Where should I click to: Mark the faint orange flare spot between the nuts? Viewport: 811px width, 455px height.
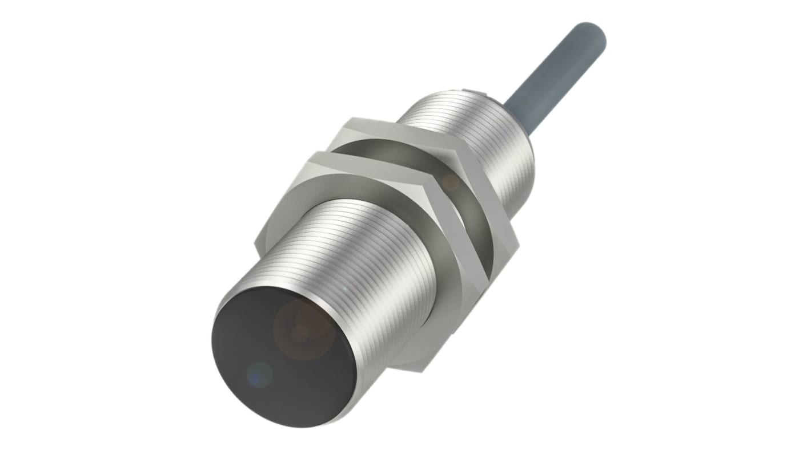451,182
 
